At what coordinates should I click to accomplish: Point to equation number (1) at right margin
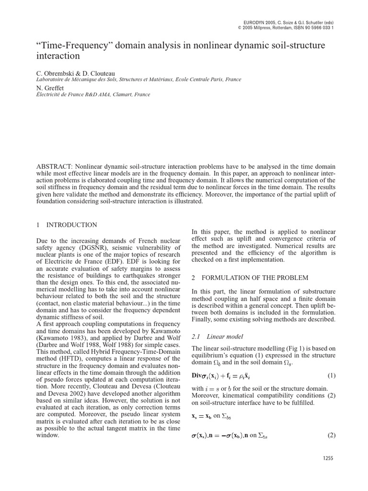coord(331,375)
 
